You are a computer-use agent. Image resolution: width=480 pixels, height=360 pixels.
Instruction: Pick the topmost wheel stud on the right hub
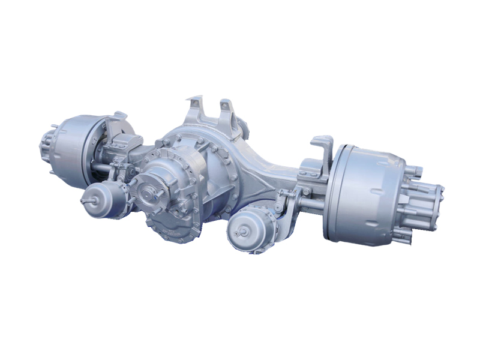click(x=415, y=171)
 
